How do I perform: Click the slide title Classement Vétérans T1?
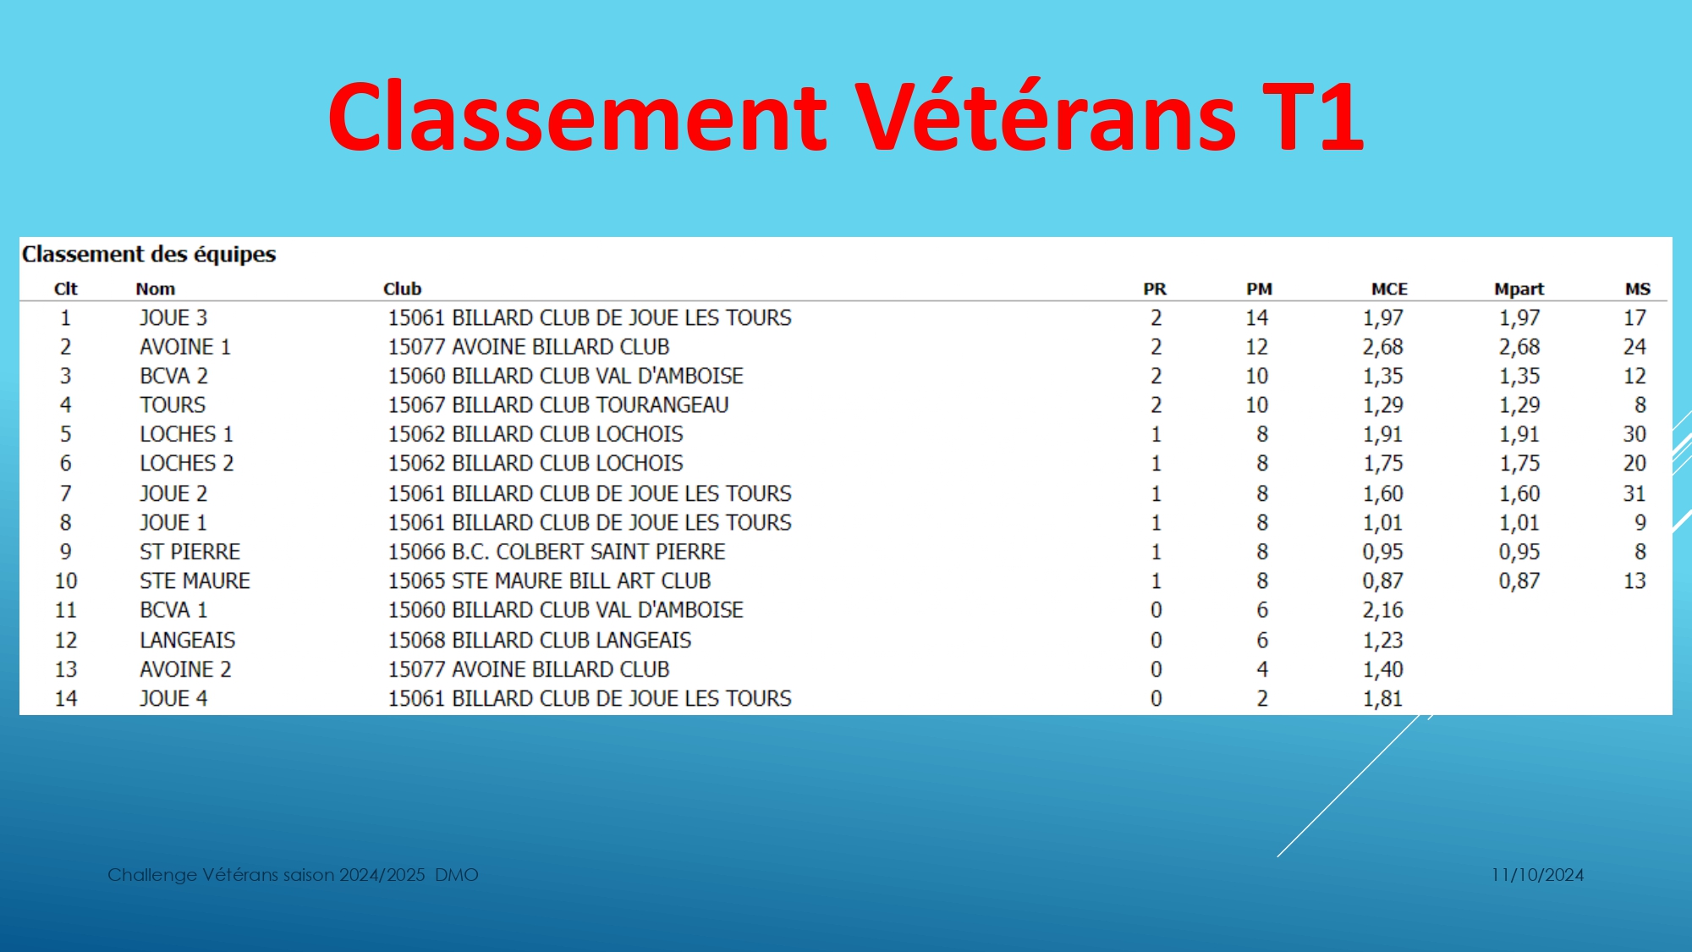(x=846, y=116)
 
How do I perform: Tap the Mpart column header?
(x=1519, y=289)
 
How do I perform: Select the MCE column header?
(x=1389, y=289)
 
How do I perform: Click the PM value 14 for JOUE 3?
(x=1256, y=318)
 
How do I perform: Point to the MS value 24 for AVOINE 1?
(x=1634, y=347)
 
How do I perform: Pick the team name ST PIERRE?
(x=190, y=552)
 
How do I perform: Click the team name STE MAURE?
(x=195, y=581)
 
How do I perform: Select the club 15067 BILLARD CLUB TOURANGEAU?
(x=558, y=405)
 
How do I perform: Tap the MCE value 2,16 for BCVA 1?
(x=1382, y=610)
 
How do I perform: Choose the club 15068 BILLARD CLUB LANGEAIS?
(x=540, y=641)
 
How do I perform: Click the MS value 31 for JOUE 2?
(x=1634, y=493)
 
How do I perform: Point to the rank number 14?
(x=66, y=699)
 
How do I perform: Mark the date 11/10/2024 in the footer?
(x=1537, y=875)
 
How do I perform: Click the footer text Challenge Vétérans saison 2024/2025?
(x=266, y=875)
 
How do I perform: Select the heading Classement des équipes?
(x=149, y=254)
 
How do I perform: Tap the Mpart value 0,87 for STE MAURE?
(x=1519, y=581)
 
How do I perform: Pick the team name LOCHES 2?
(x=187, y=464)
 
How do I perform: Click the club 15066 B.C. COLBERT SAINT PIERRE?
(x=557, y=552)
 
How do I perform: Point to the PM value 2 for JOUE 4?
(x=1262, y=699)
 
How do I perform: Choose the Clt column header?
(x=66, y=289)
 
